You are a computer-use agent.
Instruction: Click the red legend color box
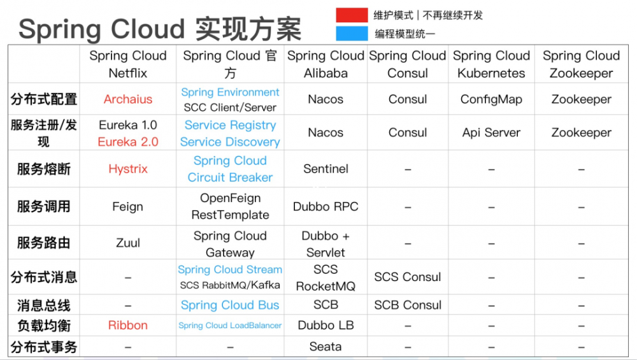coord(352,15)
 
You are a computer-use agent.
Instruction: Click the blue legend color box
coord(352,33)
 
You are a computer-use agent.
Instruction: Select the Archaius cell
coord(128,99)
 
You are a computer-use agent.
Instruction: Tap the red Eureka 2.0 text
coord(128,142)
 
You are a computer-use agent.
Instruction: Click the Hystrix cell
coord(128,169)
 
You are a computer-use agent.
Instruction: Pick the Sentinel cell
coord(326,169)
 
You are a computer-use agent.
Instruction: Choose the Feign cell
coord(128,206)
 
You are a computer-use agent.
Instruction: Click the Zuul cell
coord(128,243)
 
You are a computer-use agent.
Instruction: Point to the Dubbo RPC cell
coord(326,206)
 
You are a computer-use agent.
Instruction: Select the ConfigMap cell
coord(491,99)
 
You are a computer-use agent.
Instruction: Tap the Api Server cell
coord(491,133)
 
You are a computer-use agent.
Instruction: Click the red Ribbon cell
coord(128,325)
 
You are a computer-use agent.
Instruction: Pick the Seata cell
coord(326,347)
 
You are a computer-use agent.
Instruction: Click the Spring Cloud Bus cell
coord(230,305)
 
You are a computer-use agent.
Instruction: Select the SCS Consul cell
coord(408,277)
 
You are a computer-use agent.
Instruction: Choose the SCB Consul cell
coord(408,305)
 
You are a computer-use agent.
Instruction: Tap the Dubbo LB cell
coord(326,325)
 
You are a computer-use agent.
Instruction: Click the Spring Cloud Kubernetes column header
coord(491,64)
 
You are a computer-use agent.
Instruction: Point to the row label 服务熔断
coord(44,169)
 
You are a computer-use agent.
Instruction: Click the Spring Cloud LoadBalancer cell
coord(230,326)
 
